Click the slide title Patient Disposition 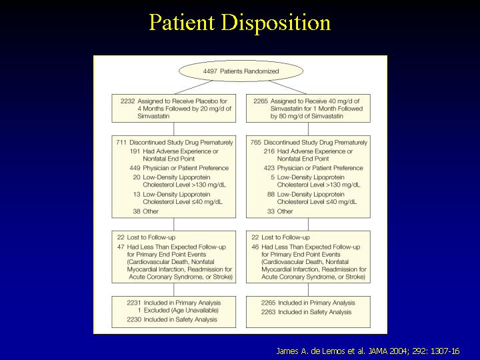tap(240, 23)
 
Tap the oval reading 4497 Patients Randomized tap(241, 71)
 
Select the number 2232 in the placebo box tap(127, 101)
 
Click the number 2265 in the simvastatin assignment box tap(261, 101)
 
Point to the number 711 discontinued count tap(121, 143)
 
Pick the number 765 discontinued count tap(255, 143)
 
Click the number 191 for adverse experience tap(135, 151)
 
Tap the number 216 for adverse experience tap(269, 151)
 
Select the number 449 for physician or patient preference tap(135, 168)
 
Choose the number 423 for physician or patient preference tap(269, 168)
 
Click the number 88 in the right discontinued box tap(271, 195)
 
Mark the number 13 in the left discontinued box tap(137, 195)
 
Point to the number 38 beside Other tap(137, 211)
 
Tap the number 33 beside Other tap(271, 211)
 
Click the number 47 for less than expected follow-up tap(121, 247)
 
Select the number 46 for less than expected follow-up tap(255, 247)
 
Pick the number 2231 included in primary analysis tap(134, 303)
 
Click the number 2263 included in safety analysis tap(269, 312)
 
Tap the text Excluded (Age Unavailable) tap(181, 311)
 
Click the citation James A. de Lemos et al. tap(321, 351)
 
